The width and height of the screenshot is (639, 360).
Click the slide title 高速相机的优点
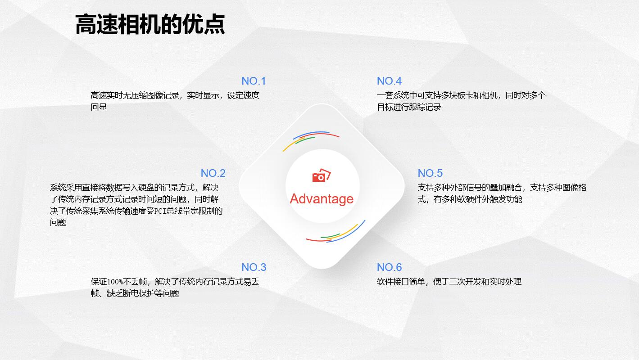click(150, 25)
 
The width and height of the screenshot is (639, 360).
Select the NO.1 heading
click(254, 81)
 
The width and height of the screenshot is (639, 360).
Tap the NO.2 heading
click(213, 173)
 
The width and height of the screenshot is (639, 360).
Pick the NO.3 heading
click(254, 267)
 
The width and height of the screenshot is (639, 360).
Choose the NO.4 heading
click(389, 81)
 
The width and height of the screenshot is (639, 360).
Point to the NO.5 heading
click(430, 173)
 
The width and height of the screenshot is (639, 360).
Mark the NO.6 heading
click(389, 267)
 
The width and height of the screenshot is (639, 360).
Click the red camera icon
click(322, 175)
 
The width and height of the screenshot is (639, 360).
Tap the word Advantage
click(322, 199)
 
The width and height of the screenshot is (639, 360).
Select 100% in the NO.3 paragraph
click(115, 282)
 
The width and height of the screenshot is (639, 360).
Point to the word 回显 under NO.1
click(99, 107)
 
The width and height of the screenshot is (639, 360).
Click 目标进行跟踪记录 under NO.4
click(409, 107)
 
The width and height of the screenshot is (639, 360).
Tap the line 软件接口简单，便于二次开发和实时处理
click(449, 282)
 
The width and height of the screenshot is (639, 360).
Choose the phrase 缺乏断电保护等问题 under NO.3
click(143, 293)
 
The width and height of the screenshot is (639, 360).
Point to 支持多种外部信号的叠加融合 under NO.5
click(470, 188)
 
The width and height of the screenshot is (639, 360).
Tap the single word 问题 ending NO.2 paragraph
click(58, 222)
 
